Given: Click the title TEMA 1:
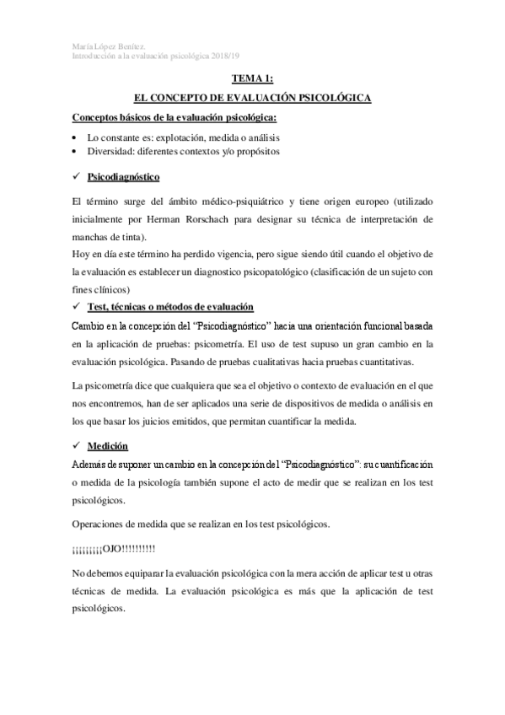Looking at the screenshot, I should click(253, 78).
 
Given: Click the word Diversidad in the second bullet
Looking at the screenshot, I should click(111, 151).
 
